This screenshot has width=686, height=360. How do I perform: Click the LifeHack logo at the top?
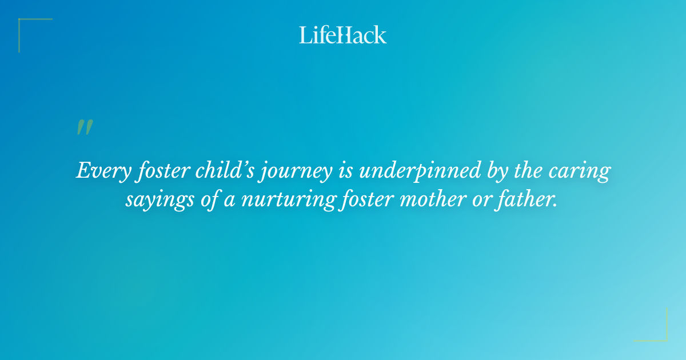(343, 35)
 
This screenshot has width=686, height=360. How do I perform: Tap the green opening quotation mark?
(85, 127)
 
